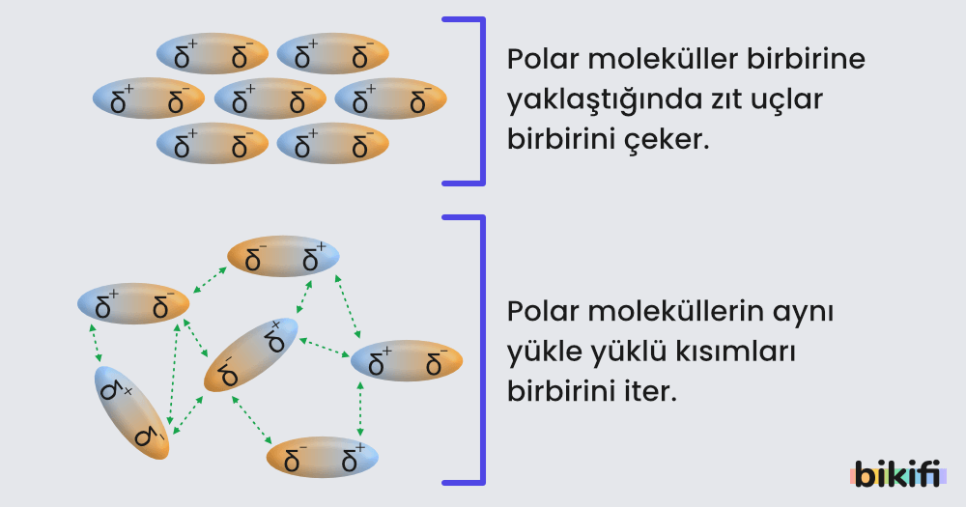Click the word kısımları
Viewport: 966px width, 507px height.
[740, 353]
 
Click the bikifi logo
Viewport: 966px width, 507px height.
[897, 473]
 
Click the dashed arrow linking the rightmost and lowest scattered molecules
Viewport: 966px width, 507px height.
[360, 409]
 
